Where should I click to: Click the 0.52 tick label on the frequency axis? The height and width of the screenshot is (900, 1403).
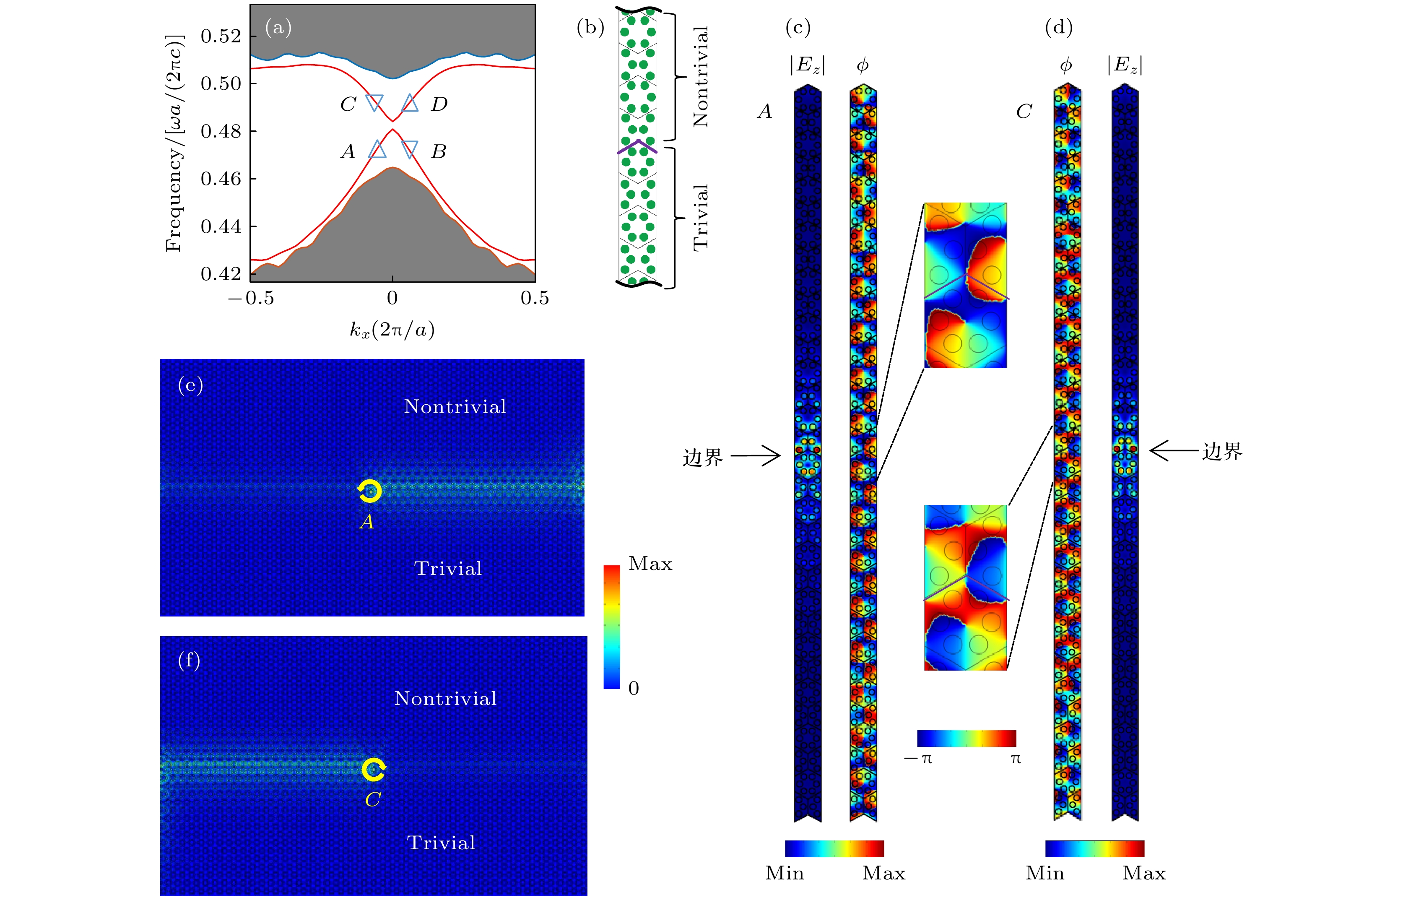click(220, 36)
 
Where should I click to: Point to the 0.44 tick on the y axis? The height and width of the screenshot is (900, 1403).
click(220, 226)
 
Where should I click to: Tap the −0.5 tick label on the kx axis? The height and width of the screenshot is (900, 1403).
click(251, 298)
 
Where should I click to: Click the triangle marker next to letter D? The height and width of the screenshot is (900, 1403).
click(410, 104)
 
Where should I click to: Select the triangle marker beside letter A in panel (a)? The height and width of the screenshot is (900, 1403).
click(377, 150)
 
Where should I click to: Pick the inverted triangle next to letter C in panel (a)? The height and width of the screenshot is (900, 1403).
click(374, 102)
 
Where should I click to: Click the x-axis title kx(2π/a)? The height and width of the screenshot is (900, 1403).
click(392, 330)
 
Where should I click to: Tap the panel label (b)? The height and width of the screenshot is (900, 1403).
click(590, 27)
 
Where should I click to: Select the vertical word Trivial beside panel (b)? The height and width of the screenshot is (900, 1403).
click(701, 217)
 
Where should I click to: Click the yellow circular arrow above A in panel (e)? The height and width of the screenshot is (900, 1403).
click(370, 491)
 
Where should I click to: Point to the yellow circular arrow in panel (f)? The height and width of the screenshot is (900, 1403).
click(374, 769)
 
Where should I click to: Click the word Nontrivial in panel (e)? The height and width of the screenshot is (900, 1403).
click(455, 407)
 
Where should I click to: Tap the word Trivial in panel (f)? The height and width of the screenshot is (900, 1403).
click(441, 843)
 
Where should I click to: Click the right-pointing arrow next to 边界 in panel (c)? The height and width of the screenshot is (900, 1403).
click(756, 456)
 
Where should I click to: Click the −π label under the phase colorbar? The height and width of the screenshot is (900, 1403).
click(918, 759)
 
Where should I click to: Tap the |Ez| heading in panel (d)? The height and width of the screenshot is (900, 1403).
click(1125, 65)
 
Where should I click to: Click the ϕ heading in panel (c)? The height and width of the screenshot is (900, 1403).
click(863, 65)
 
